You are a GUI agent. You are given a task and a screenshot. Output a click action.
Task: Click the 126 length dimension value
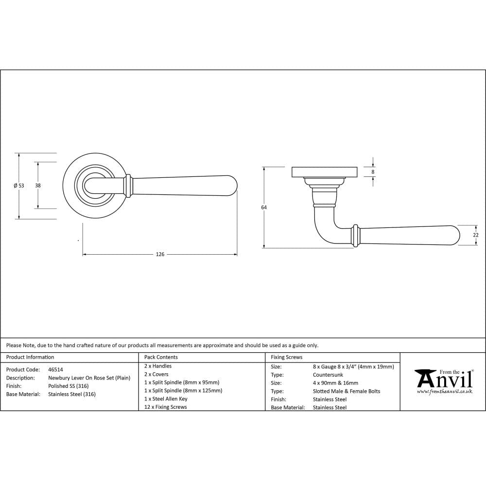[x=160, y=254]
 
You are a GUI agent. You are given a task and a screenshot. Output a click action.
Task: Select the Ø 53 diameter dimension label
[x=18, y=186]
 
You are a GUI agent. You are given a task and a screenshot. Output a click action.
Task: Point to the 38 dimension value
[x=38, y=186]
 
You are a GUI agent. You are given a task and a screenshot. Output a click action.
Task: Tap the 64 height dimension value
[x=264, y=208]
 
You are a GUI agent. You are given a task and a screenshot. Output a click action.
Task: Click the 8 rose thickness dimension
[x=373, y=172]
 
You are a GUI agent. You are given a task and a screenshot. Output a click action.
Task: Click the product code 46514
[x=55, y=369]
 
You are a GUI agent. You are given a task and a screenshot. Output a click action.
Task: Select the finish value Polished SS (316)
[x=68, y=386]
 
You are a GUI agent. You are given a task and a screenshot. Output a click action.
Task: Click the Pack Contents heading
[x=161, y=357]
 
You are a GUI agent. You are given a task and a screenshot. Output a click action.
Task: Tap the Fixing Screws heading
[x=287, y=357]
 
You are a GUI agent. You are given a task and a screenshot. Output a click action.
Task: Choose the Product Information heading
[x=30, y=357]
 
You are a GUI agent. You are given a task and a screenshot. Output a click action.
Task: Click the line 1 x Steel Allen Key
[x=166, y=399]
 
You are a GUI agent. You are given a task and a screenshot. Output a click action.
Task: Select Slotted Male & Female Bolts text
[x=347, y=391]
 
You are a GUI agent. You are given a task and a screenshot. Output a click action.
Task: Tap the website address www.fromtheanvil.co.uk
[x=445, y=391]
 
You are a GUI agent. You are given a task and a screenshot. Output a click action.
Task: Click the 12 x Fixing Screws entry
[x=166, y=407]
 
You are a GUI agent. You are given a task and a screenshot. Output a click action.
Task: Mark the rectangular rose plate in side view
[x=324, y=172]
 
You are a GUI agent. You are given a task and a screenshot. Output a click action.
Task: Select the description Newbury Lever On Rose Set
[x=89, y=378]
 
